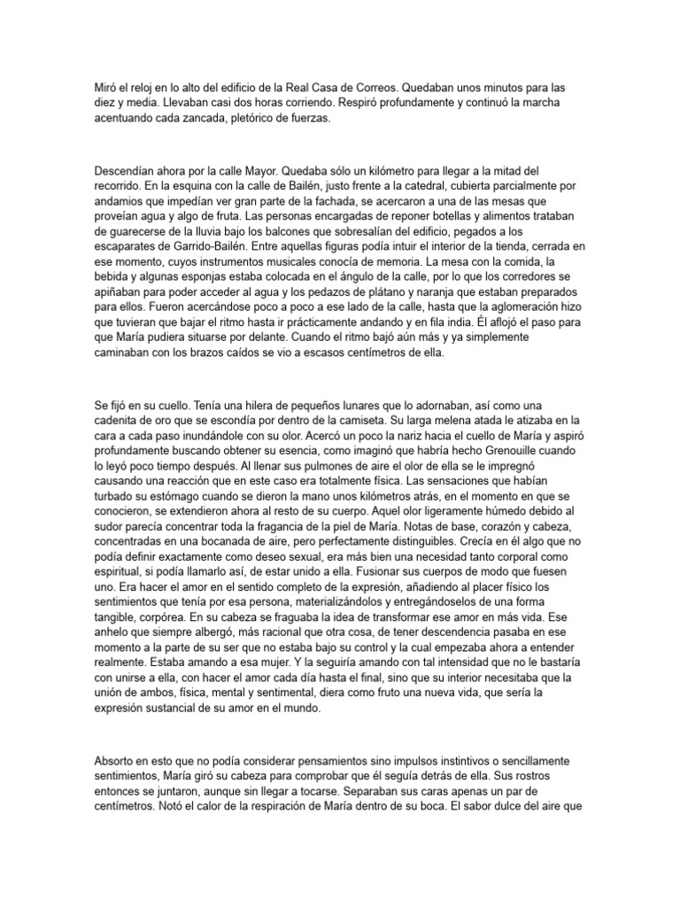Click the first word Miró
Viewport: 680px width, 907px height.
pyautogui.click(x=105, y=89)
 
